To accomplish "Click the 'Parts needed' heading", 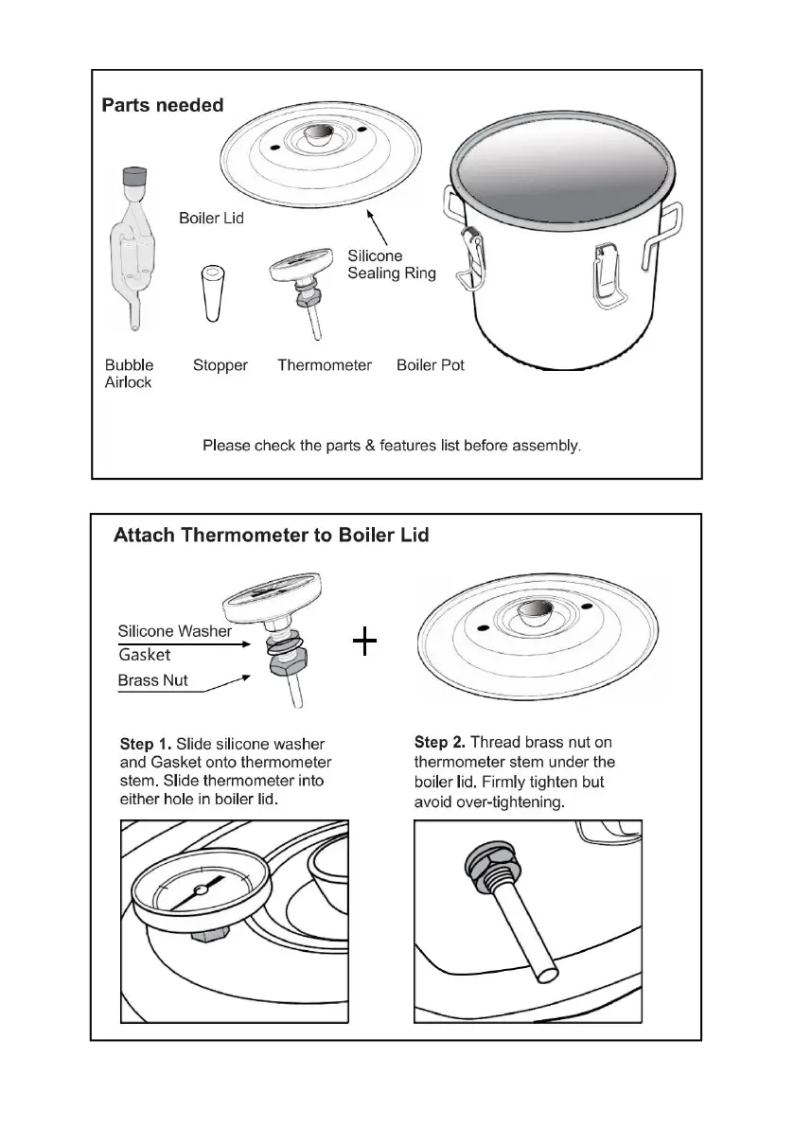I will (163, 105).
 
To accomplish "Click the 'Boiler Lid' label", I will (211, 219).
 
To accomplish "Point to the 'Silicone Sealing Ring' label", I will (391, 264).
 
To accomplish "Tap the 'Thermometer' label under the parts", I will (324, 365).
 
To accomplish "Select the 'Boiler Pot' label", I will (431, 365).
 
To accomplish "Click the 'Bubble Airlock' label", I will (129, 373).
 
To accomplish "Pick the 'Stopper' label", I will (220, 365).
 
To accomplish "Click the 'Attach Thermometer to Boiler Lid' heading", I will (271, 536).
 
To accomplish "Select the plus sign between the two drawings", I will (364, 643).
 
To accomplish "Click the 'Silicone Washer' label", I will (174, 631).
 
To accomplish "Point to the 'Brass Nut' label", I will (152, 680).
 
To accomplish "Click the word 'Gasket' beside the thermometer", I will (145, 655).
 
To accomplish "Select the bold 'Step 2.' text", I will (441, 743).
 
